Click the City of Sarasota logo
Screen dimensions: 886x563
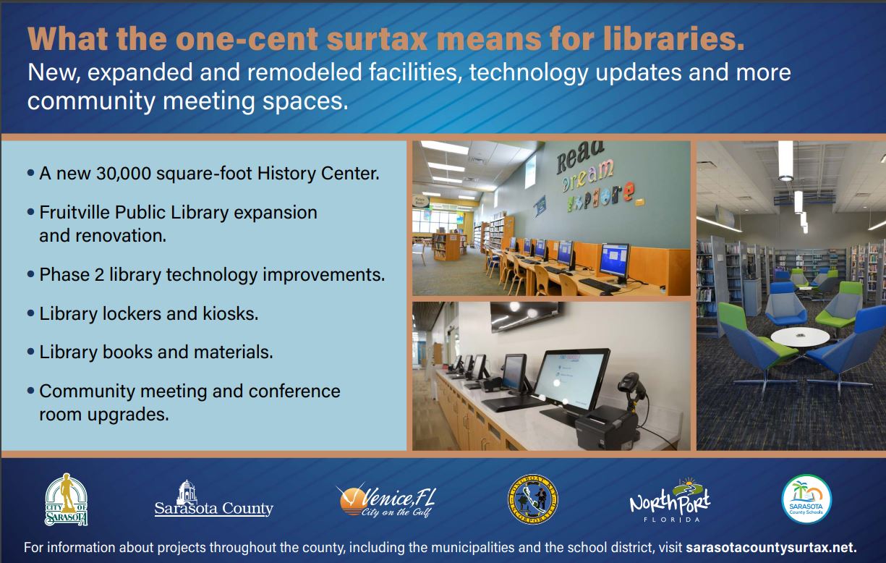point(66,499)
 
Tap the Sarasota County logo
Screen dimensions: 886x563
point(213,499)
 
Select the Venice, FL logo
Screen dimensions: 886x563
point(386,500)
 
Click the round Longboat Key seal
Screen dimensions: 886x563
point(532,499)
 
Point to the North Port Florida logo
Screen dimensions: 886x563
point(670,500)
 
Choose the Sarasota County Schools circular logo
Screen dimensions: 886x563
point(806,499)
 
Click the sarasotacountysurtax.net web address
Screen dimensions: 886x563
point(771,548)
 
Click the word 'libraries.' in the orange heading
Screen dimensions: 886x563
point(673,39)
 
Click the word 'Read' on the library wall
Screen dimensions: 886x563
point(580,157)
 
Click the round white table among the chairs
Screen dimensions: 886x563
point(800,336)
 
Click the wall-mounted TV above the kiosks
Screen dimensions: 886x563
point(525,316)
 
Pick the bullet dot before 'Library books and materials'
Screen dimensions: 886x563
point(31,352)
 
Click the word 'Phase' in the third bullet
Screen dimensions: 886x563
point(64,274)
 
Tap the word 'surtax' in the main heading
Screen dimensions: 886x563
point(377,39)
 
